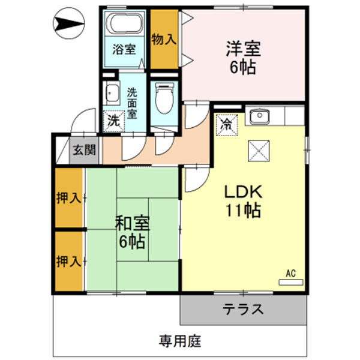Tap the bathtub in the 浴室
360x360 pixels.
point(125,25)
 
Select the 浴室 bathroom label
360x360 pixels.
point(124,51)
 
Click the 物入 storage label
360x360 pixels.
point(164,39)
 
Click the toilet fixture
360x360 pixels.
point(164,98)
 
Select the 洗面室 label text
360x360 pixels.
point(133,103)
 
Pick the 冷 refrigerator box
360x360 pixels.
point(227,125)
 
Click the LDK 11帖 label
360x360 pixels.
point(242,202)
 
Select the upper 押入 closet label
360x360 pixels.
point(68,197)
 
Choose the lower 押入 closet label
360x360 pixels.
point(68,261)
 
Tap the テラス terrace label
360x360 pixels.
point(244,310)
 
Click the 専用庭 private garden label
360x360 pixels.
point(180,342)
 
